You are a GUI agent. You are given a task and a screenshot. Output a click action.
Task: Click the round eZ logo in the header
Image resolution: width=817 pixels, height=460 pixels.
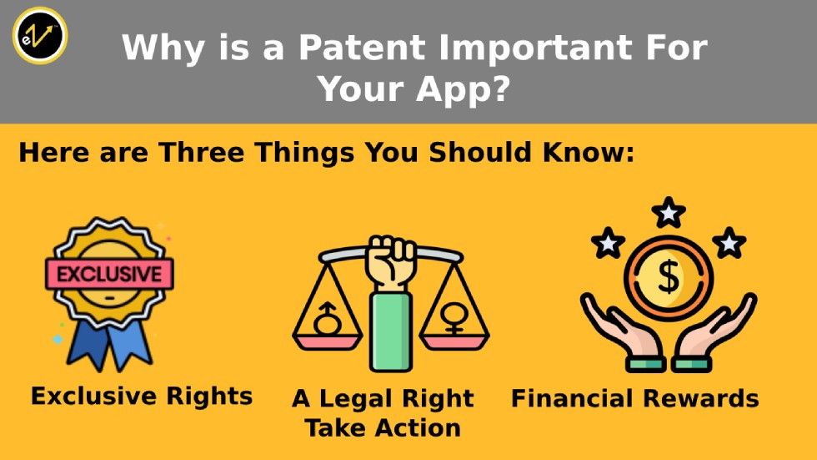click(40, 35)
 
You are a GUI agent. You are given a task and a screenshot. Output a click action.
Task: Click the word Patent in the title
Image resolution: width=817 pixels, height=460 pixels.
click(362, 48)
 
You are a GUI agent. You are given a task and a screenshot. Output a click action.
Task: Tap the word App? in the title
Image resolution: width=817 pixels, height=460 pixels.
click(463, 89)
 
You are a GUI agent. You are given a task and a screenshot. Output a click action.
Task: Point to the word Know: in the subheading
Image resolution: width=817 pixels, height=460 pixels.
click(589, 153)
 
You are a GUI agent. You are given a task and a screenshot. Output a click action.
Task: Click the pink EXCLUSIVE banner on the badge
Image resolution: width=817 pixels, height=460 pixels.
click(109, 274)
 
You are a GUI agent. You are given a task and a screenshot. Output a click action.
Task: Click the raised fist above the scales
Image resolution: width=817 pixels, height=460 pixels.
click(391, 262)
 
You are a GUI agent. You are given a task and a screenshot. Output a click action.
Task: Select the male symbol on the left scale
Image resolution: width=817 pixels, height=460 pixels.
click(327, 318)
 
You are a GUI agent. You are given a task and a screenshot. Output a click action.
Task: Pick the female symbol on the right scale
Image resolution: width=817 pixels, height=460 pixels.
click(454, 318)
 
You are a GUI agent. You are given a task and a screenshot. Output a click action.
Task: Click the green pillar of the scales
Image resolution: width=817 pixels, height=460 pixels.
click(391, 331)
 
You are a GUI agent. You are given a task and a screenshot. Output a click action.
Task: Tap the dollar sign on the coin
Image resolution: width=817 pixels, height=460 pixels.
click(669, 277)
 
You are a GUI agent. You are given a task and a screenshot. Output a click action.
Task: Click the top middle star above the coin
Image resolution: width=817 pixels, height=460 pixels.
click(669, 213)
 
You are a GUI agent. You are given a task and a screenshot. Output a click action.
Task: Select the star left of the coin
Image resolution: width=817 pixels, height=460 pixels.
click(608, 242)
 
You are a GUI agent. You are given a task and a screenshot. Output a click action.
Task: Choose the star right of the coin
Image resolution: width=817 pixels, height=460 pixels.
click(729, 242)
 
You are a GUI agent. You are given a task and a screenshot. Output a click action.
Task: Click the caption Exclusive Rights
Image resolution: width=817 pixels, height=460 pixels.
click(142, 396)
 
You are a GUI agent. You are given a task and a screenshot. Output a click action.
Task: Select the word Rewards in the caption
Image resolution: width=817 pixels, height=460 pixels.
click(701, 398)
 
